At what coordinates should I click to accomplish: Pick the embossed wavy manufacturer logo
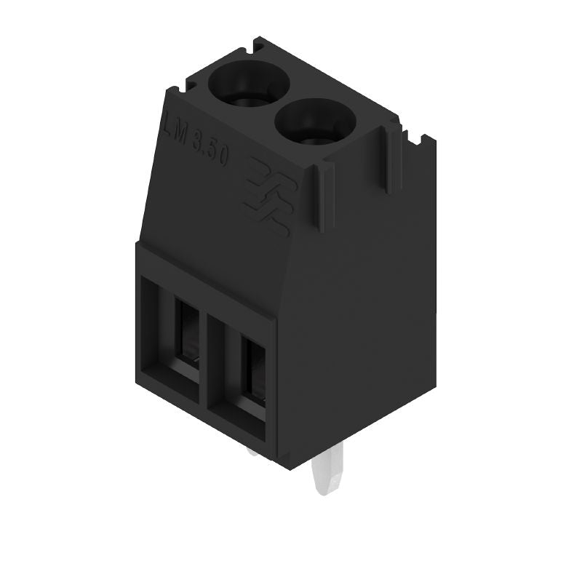pos(266,196)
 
